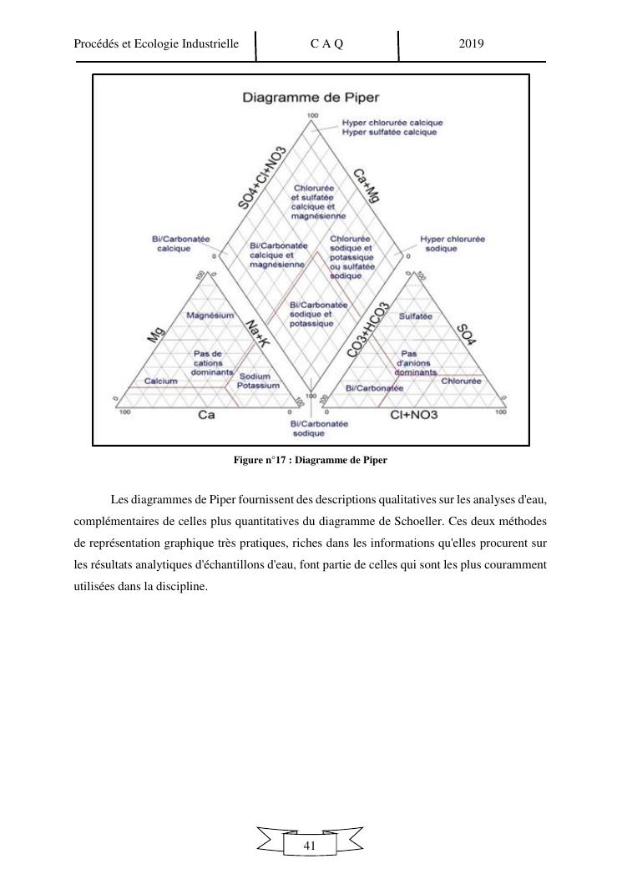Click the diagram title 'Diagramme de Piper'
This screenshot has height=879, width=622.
(310, 97)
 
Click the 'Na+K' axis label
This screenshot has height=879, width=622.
(258, 336)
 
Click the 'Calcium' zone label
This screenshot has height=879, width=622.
(160, 381)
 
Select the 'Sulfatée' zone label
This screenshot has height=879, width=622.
(415, 316)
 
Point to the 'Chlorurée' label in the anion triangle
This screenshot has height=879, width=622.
(461, 381)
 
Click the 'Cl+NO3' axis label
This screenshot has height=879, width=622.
(415, 415)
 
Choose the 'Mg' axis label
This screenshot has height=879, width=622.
(154, 335)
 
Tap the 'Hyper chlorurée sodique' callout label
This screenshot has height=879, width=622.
(452, 244)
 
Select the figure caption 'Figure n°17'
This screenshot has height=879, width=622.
(311, 460)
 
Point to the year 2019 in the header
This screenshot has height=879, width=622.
(472, 43)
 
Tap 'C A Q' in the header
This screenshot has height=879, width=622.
(326, 43)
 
